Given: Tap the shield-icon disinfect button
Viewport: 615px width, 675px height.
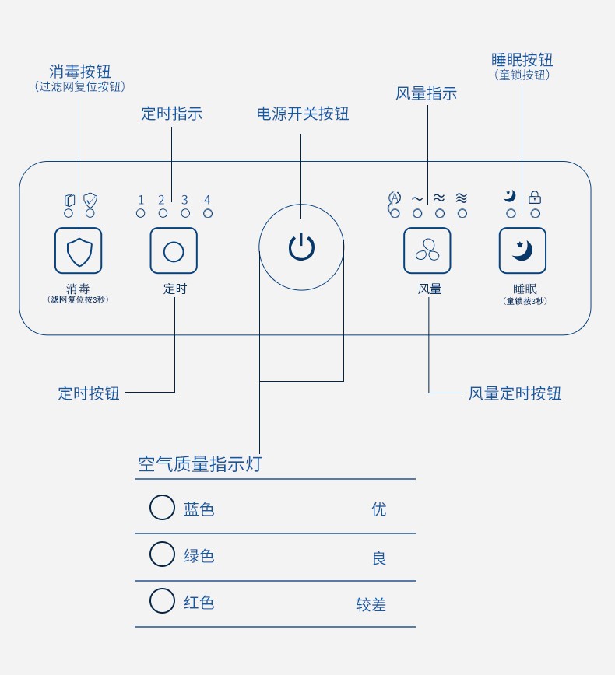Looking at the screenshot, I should pos(79,250).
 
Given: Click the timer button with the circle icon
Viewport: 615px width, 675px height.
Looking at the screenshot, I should pos(174,250).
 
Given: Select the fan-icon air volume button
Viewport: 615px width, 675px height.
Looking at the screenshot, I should pos(427,250).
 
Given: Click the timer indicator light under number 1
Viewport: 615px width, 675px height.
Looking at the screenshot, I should pos(141,213).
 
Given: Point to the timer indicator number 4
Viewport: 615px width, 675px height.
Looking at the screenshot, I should pos(207,200).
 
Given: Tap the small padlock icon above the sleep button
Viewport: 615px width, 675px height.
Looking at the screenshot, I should pos(535,198).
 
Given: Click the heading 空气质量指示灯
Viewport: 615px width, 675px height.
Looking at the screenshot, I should pos(200,464).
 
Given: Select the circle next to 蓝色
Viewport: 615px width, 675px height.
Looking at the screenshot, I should pos(162,508).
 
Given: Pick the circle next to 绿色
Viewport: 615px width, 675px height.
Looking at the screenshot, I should pos(162,554).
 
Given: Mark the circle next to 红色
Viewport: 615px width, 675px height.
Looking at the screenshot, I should pos(162,601).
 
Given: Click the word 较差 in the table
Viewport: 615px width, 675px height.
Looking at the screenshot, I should pos(371,604).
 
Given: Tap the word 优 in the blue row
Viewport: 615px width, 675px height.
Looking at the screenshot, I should pos(379,509).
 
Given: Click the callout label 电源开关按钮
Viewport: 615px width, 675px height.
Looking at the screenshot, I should pos(303,114).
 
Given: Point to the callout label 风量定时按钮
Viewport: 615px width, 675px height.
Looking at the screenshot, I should pos(515,393).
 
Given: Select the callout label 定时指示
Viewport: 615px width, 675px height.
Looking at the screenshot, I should pos(171,113).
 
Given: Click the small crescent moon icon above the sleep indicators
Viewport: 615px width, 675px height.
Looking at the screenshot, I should pos(510,196).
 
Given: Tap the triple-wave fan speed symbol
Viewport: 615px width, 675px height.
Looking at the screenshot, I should pos(462,198).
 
